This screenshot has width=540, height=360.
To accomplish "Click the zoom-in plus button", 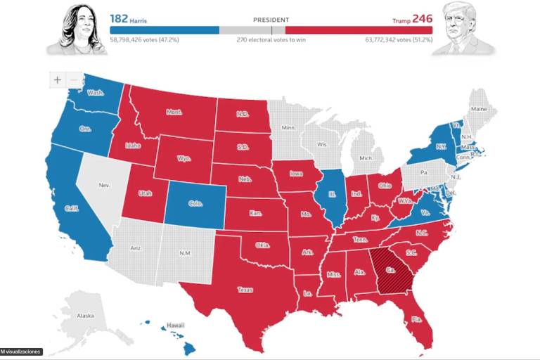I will [x=58, y=80].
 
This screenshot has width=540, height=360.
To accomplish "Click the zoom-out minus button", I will [x=75, y=80].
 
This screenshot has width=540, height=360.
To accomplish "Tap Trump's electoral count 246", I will [x=422, y=18].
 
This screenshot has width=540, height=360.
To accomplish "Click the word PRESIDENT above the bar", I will [x=271, y=20].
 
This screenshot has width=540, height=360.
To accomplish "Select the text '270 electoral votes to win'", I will [x=270, y=40].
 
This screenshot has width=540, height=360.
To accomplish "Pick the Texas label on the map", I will [x=245, y=289].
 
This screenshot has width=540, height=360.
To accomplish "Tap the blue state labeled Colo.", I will [x=195, y=204].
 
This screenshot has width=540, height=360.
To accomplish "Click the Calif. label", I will [x=72, y=209].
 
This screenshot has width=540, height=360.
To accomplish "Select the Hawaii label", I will [x=175, y=326].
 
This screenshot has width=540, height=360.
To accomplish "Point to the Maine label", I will [x=479, y=109].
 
